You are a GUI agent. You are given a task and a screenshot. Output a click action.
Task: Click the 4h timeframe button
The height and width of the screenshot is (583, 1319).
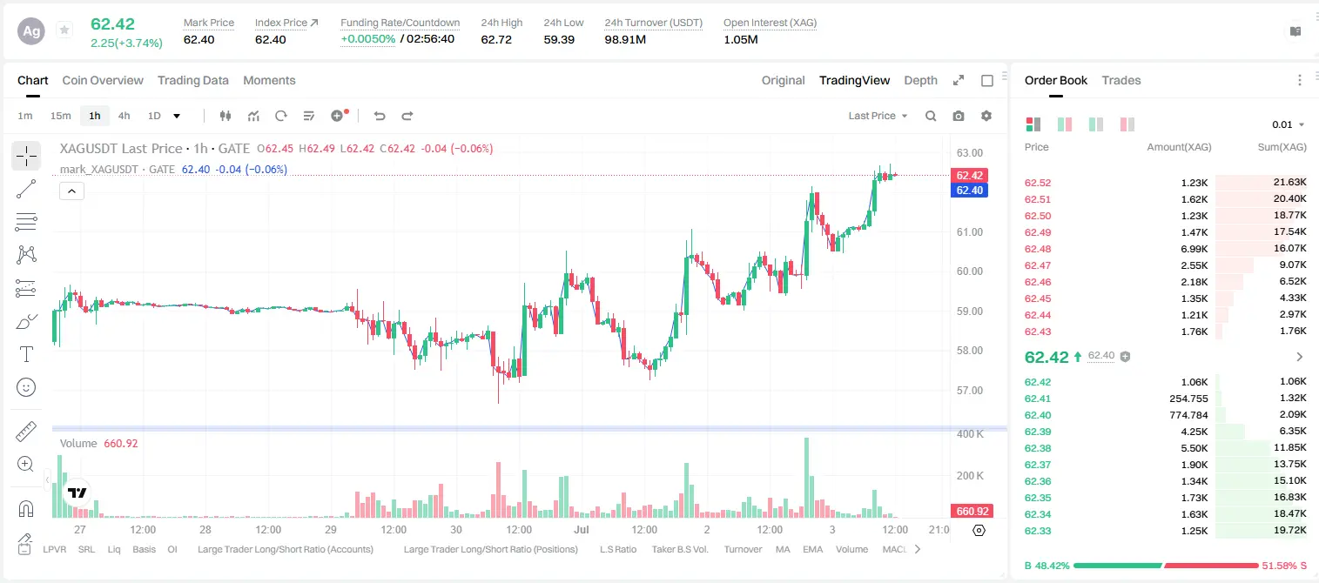click(x=124, y=116)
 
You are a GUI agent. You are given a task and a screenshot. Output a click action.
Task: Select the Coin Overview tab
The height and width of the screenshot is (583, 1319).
click(x=103, y=80)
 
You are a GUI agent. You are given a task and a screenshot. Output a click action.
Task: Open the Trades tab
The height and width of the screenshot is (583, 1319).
click(x=1120, y=80)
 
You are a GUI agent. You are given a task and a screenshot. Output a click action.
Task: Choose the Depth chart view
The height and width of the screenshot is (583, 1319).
click(x=920, y=80)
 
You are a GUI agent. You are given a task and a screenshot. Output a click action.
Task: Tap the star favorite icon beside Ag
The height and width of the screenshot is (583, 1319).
click(x=64, y=30)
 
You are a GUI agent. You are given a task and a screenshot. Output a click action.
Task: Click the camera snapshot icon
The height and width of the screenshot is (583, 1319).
click(x=958, y=116)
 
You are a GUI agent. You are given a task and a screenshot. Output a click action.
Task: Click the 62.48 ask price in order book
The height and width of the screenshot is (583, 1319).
click(x=1038, y=249)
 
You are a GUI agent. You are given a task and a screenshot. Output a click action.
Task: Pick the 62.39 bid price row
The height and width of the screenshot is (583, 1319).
click(x=1038, y=432)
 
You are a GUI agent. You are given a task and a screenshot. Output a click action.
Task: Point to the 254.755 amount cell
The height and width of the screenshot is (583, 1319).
click(x=1188, y=399)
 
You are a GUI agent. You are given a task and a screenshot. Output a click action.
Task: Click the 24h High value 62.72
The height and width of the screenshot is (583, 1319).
click(x=495, y=39)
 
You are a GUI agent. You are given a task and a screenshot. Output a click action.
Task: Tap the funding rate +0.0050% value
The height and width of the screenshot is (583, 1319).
click(x=368, y=39)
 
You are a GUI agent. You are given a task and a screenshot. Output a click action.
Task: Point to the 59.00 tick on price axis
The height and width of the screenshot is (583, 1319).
click(x=969, y=311)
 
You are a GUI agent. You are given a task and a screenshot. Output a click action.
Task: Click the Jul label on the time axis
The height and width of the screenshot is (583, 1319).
click(x=582, y=529)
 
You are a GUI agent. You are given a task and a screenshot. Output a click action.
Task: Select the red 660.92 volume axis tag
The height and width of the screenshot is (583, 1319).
click(x=972, y=512)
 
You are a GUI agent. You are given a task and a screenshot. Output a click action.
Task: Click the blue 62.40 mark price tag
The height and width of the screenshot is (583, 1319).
click(x=969, y=190)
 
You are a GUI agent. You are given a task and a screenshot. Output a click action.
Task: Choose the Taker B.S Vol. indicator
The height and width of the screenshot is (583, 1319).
click(x=679, y=549)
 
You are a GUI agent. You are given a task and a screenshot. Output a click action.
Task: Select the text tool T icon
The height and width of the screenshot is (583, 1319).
click(x=26, y=354)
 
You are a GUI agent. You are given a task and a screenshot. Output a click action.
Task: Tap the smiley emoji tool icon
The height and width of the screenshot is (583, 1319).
click(x=26, y=387)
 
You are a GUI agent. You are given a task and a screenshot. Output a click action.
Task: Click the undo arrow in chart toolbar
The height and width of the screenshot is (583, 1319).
click(x=380, y=116)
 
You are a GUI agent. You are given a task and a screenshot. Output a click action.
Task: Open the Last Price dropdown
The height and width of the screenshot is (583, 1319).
click(x=878, y=116)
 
